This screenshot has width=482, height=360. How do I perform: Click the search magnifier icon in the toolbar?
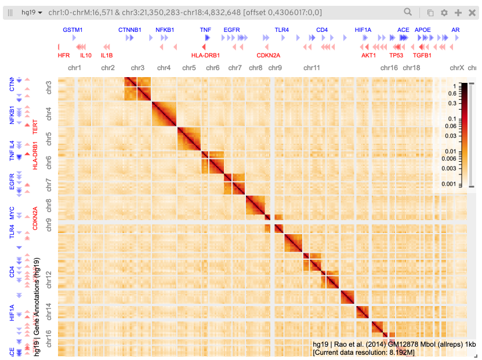pos(408,12)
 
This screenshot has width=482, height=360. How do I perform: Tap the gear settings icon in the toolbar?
pos(444,12)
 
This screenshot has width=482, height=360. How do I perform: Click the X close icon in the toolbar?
pos(472,12)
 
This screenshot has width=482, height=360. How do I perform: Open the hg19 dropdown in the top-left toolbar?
pos(31,12)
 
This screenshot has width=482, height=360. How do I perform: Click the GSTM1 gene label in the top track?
pos(73,29)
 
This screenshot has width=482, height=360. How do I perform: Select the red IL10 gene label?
pos(86,56)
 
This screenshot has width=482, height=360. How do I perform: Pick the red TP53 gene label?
pos(397,56)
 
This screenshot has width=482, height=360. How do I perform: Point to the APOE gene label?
pos(423,29)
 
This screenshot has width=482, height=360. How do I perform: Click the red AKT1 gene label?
pos(369,56)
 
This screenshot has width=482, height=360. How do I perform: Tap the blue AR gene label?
pos(456,29)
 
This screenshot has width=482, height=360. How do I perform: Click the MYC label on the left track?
pos(12,211)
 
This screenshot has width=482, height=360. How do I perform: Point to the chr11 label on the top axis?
pos(311,68)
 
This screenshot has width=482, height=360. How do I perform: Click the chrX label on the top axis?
pos(457,68)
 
